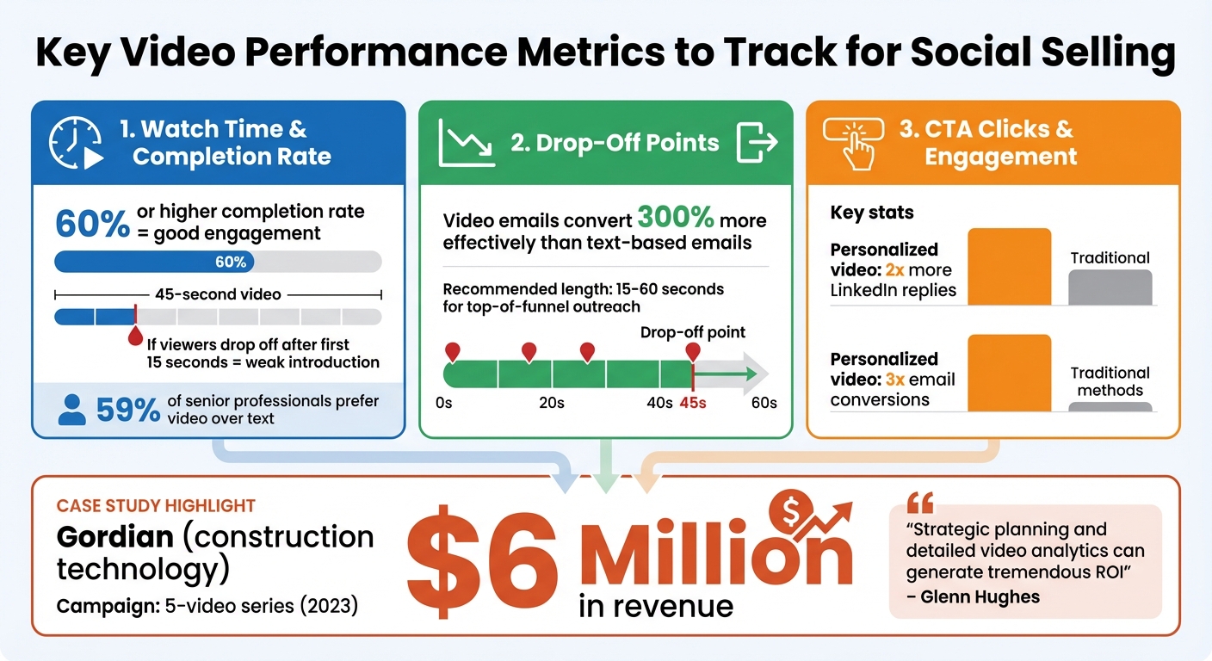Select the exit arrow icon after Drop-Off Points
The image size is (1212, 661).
tap(757, 142)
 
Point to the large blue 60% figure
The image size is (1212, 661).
tap(92, 224)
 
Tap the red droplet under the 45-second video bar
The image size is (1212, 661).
tap(135, 337)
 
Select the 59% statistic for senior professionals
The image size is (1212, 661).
tap(127, 411)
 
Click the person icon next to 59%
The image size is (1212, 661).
tap(71, 411)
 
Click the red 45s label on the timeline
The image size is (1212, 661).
tap(692, 403)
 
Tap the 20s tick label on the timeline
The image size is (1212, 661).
tap(551, 403)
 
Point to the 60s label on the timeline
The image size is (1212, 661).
tap(763, 403)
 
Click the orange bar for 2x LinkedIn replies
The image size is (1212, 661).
tap(1010, 266)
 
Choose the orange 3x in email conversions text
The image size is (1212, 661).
tap(895, 380)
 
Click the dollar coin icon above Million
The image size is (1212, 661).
tap(791, 511)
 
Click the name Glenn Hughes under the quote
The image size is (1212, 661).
tap(984, 597)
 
